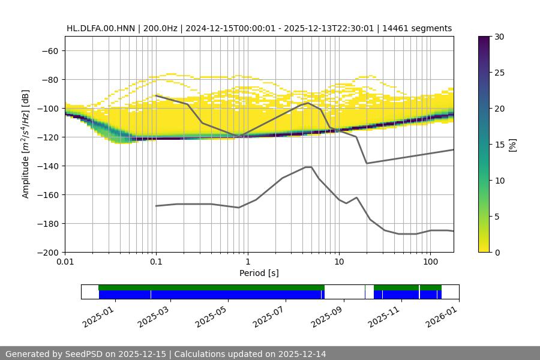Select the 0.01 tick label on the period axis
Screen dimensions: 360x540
(x=65, y=262)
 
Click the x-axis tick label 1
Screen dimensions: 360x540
(x=247, y=262)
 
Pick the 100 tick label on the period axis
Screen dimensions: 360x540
(x=430, y=262)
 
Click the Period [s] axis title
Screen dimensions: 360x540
(x=259, y=273)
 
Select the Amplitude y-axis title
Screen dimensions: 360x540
(x=26, y=144)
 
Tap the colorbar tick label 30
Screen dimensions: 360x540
(x=499, y=37)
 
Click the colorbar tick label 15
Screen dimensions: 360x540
(x=499, y=145)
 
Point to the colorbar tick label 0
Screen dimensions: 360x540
(x=496, y=252)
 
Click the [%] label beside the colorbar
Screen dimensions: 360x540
(x=512, y=144)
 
